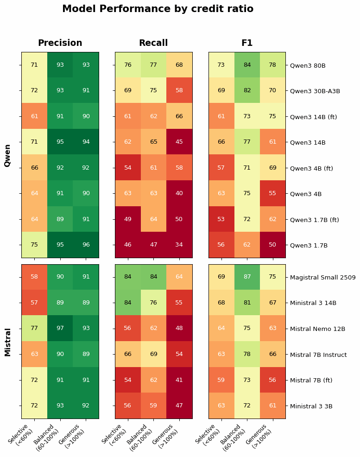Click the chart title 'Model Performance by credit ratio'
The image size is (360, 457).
(158, 9)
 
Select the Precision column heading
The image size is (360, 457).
(60, 43)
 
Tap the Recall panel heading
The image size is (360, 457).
(153, 43)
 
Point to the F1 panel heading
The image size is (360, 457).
(247, 43)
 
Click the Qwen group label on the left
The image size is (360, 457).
(8, 155)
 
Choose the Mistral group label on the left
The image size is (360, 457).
(8, 342)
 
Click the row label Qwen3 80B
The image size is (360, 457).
(308, 66)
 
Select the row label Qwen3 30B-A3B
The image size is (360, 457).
(315, 91)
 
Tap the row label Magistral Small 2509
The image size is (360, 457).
(323, 278)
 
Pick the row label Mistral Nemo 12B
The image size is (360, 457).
(317, 329)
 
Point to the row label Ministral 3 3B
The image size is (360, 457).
(311, 406)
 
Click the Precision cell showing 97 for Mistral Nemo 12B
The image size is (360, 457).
(60, 329)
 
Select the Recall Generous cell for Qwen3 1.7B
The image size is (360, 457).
(179, 245)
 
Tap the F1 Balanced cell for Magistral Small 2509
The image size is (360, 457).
(247, 277)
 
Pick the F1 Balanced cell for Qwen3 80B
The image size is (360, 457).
(247, 65)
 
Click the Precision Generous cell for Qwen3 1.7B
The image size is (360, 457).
(86, 245)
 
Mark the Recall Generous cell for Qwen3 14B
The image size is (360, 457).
(179, 142)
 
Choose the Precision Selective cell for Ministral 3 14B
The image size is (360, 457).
(34, 303)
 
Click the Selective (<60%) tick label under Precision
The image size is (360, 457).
(21, 436)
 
